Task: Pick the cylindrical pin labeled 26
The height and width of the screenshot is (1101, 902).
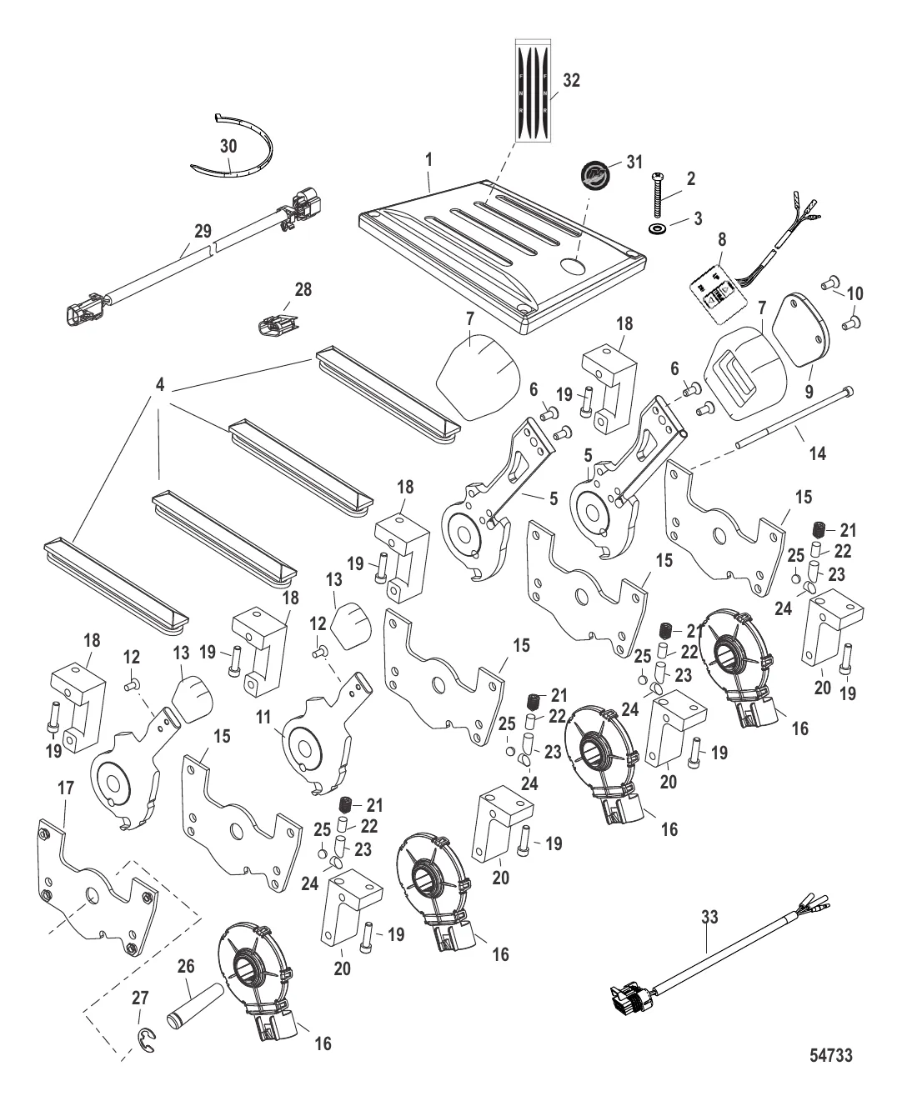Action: pos(194,1006)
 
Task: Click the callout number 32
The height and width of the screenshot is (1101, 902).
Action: pos(571,80)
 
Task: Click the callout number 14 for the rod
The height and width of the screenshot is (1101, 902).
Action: pos(817,453)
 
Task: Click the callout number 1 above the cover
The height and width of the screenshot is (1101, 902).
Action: pos(428,160)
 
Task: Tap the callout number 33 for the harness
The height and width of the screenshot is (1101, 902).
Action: pos(709,917)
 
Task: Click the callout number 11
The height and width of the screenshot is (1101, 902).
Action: pos(263,718)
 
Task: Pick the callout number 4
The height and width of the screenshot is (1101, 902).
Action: pos(160,385)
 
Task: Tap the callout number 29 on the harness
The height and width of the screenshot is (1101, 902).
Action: pos(203,231)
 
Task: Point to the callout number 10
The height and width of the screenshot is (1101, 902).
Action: pos(854,293)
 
